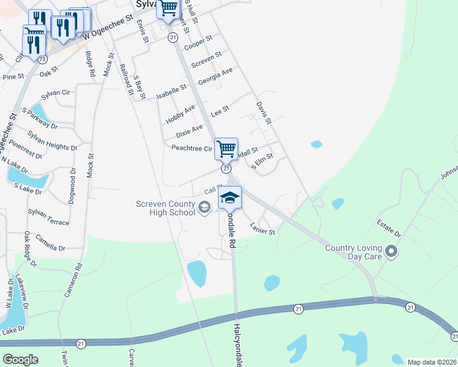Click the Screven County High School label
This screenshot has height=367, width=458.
pyautogui.click(x=165, y=208)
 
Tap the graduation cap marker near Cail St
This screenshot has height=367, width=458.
pyautogui.click(x=230, y=198)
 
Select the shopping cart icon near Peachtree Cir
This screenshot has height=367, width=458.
pyautogui.click(x=226, y=148)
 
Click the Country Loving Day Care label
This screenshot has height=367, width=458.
pyautogui.click(x=355, y=252)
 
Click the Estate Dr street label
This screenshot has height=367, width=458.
pyautogui.click(x=389, y=229)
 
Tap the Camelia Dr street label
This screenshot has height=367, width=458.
pyautogui.click(x=50, y=243)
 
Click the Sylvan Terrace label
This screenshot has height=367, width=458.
pyautogui.click(x=48, y=217)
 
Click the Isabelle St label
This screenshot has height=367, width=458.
pyautogui.click(x=171, y=93)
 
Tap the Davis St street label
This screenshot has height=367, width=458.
pyautogui.click(x=263, y=114)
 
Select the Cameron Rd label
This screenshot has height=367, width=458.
pyautogui.click(x=72, y=280)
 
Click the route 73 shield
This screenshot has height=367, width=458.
pyautogui.click(x=42, y=59)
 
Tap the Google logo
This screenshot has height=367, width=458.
pyautogui.click(x=20, y=360)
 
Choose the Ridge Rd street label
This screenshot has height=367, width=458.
pyautogui.click(x=90, y=64)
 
